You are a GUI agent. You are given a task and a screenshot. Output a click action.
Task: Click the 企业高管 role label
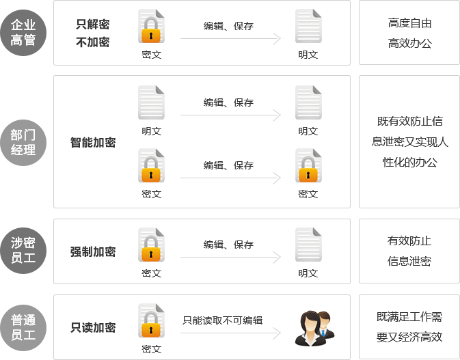coord(23,33)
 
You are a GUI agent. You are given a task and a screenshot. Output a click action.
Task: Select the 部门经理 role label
coord(23,142)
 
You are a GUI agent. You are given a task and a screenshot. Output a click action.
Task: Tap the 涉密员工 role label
coord(23,251)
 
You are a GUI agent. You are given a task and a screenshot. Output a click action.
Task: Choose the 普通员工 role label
coord(23,328)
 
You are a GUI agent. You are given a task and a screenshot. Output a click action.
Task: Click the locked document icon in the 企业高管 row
coord(151,27)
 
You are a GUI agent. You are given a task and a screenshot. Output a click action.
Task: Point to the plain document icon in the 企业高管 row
coord(308,27)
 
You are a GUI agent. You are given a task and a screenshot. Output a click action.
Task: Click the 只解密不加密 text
coord(93,33)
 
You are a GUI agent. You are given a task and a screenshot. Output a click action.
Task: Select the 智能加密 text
coord(93,142)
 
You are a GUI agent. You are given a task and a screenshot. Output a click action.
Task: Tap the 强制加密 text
coord(93,251)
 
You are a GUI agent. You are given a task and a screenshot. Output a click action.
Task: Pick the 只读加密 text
coord(93,328)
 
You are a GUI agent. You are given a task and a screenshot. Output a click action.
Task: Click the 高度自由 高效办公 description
coord(409,33)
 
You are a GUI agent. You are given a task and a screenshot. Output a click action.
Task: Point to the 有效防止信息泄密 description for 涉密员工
coord(409,251)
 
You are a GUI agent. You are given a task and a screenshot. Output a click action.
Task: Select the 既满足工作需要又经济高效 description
coord(409,327)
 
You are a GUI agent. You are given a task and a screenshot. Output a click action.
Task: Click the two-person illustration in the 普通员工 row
coord(310,321)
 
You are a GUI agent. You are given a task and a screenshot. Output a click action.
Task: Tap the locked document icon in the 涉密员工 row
coord(151,245)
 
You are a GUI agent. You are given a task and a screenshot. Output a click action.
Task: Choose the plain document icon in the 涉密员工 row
coord(308,245)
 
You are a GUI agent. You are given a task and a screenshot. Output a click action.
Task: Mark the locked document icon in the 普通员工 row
coord(151,321)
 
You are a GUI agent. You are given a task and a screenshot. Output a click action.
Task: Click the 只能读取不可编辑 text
coord(223,320)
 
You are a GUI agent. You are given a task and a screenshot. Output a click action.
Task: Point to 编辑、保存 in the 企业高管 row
coord(228,27)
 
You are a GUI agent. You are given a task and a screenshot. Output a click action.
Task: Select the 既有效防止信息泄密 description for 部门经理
coord(409,142)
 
